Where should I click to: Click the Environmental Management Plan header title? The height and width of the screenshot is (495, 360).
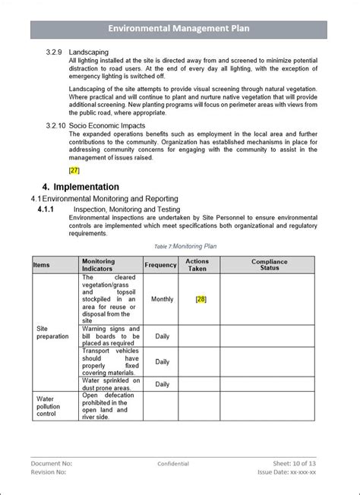tap(178, 29)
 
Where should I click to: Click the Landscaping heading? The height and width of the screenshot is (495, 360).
tap(90, 52)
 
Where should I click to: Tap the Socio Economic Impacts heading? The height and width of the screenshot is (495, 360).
tap(106, 126)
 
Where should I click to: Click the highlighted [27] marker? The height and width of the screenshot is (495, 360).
tap(74, 170)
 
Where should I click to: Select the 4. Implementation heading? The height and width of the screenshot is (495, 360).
tap(81, 187)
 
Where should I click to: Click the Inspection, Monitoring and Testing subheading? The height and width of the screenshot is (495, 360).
tap(126, 209)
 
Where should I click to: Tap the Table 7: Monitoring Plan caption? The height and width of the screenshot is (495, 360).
tap(185, 246)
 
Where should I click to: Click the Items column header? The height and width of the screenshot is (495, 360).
tap(42, 265)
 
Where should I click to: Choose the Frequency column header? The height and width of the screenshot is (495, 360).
tap(161, 265)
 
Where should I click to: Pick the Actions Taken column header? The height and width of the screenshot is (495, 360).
tap(197, 265)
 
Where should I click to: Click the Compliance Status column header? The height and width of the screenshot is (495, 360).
tap(270, 265)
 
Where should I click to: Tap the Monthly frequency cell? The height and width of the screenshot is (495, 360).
tap(162, 299)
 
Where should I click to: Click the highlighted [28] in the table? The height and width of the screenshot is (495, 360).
tap(201, 299)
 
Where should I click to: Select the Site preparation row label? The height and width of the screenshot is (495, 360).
tap(52, 333)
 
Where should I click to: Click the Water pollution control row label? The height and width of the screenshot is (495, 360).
tap(46, 406)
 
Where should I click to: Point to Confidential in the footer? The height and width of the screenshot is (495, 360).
tap(173, 464)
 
